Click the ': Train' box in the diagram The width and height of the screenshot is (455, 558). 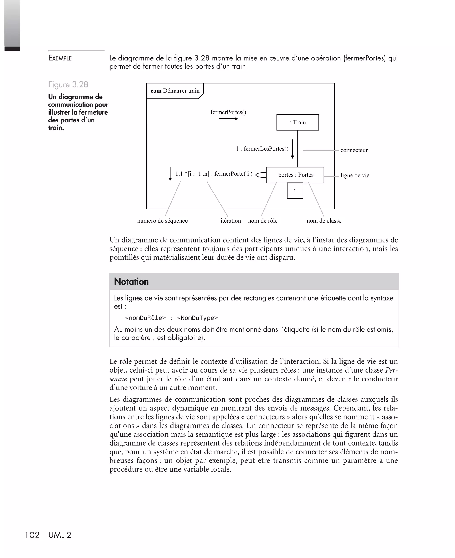(297, 122)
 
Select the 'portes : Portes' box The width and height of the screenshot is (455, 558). (295, 175)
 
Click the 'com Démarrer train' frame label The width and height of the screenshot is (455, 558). (175, 91)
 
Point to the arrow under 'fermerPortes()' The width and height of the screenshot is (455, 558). (228, 119)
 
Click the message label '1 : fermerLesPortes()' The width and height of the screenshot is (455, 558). (262, 149)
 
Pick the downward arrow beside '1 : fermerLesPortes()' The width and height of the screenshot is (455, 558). (293, 149)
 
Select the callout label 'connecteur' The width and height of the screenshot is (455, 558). (354, 150)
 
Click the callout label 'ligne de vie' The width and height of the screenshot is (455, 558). (355, 175)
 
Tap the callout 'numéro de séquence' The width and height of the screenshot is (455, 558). (162, 221)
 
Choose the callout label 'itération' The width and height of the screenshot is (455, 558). (231, 221)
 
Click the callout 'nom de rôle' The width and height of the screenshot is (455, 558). (263, 221)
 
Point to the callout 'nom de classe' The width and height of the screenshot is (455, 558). (324, 221)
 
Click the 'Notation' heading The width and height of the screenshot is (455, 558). (131, 282)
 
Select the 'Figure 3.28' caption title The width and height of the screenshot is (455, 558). (68, 85)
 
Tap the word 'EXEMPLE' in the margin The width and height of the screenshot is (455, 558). (60, 58)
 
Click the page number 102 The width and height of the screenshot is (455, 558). (32, 535)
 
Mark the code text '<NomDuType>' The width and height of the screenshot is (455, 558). (197, 318)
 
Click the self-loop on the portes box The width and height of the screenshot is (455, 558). (261, 175)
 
